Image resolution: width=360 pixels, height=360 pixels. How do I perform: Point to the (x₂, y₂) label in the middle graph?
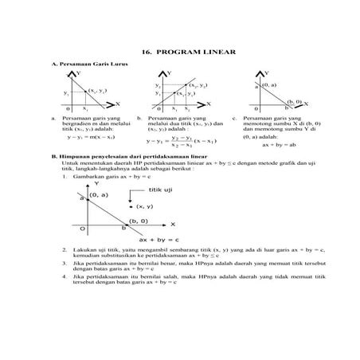point(198,84)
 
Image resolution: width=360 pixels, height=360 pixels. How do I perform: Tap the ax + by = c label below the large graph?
point(155,238)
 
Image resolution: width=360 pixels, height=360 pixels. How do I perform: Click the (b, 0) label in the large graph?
point(138,221)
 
